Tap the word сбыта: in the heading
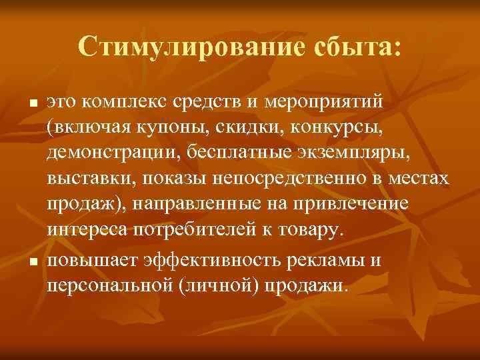tap(355, 46)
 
